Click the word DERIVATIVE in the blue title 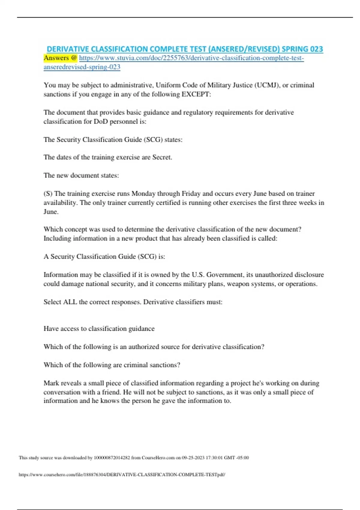pyautogui.click(x=68, y=49)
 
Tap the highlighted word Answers pyautogui.click(x=56, y=58)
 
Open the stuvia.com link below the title pyautogui.click(x=191, y=58)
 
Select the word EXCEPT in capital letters pyautogui.click(x=196, y=94)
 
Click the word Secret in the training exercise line pyautogui.click(x=162, y=157)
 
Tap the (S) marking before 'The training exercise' pyautogui.click(x=48, y=193)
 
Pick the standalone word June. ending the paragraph pyautogui.click(x=51, y=212)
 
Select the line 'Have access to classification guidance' pyautogui.click(x=99, y=328)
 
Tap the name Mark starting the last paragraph pyautogui.click(x=52, y=383)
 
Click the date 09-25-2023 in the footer pyautogui.click(x=193, y=458)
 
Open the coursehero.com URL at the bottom pyautogui.click(x=122, y=475)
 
